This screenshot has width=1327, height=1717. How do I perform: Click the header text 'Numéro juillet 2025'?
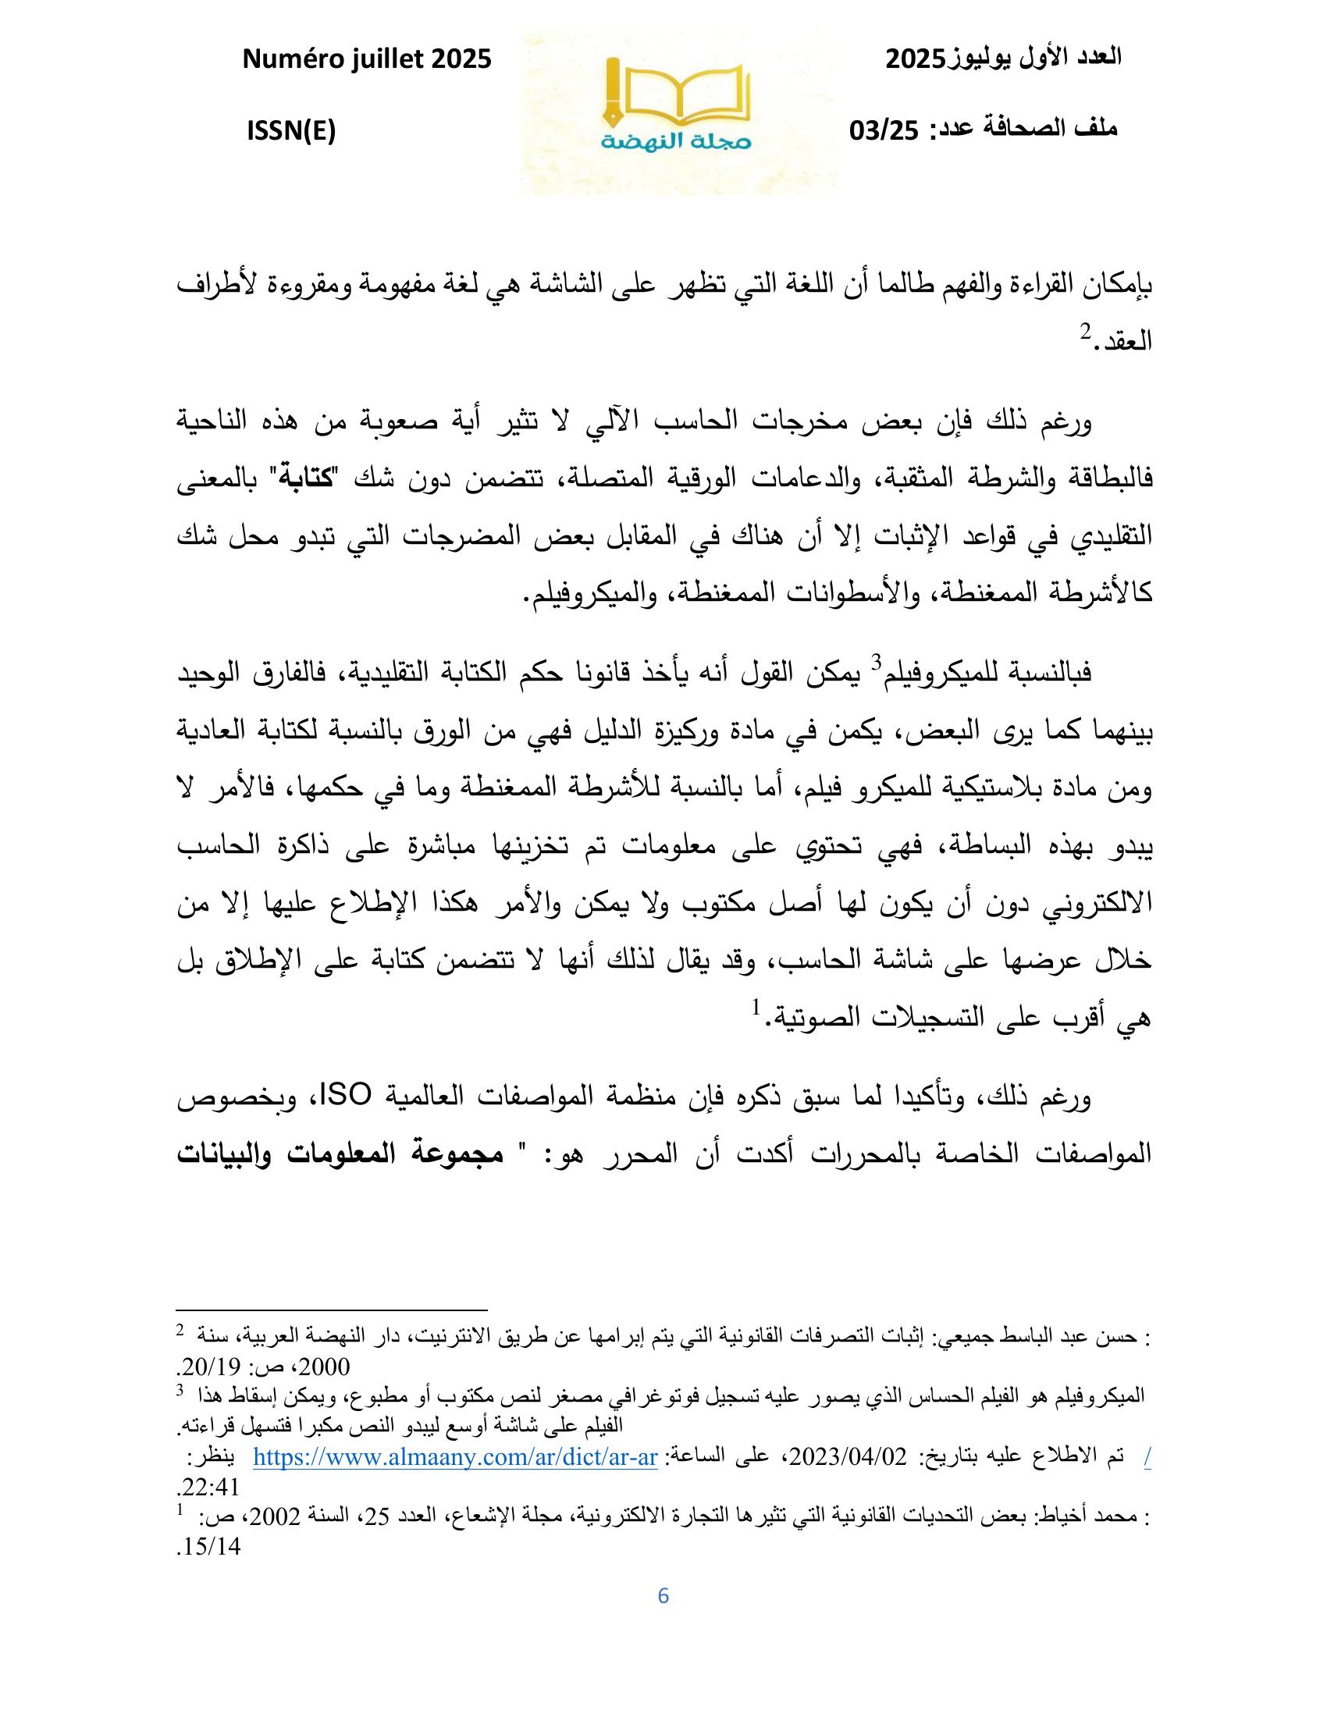pos(367,59)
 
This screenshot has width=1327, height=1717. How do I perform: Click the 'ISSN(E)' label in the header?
pos(291,131)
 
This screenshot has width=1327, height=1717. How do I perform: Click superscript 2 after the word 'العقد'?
pos(1083,332)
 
